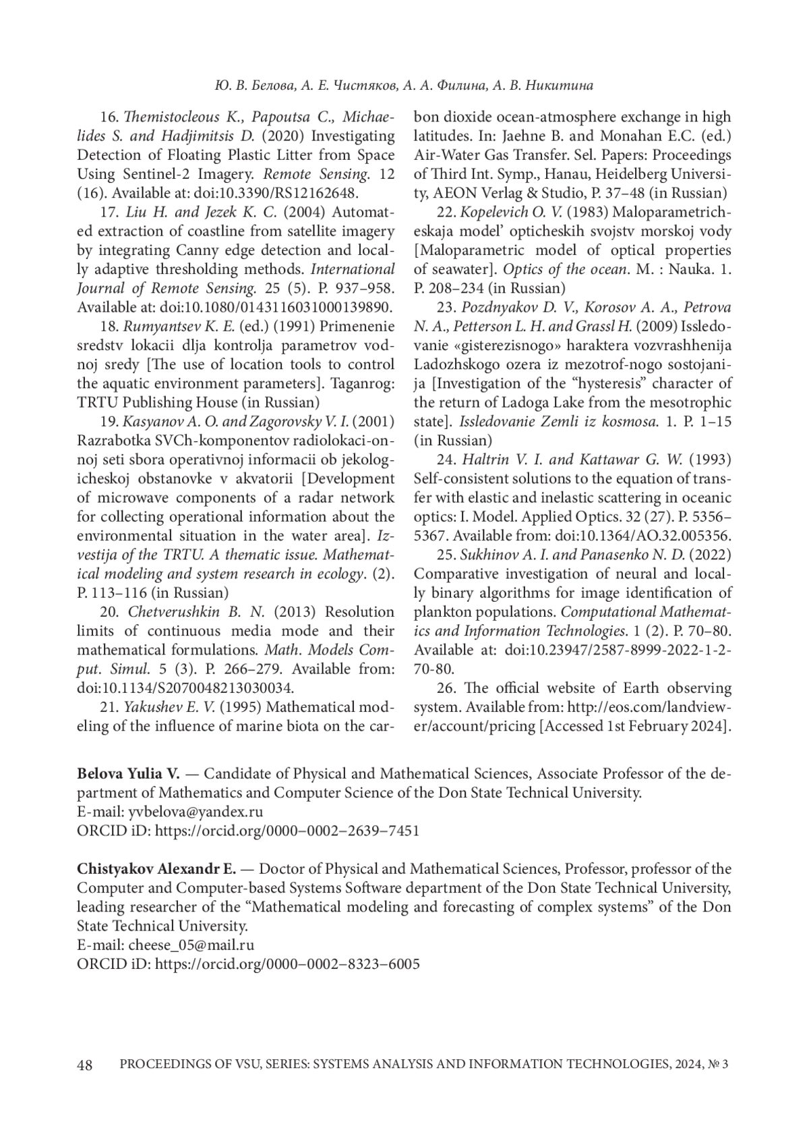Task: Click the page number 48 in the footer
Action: (85, 1065)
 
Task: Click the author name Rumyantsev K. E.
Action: (179, 327)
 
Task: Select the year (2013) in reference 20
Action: (299, 612)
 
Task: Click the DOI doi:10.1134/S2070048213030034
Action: (186, 688)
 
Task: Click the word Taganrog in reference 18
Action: (364, 384)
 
